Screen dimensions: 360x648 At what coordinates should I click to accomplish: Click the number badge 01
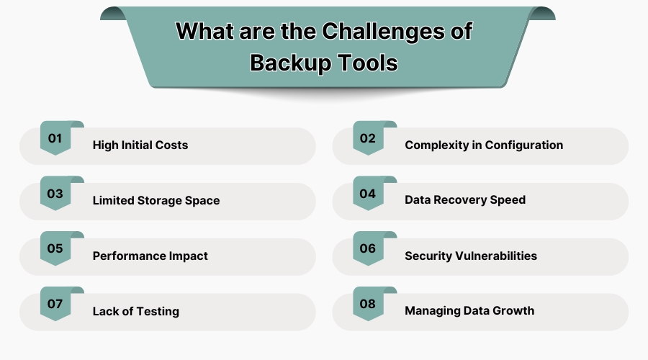click(x=55, y=138)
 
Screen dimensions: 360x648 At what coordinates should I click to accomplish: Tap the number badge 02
click(x=368, y=138)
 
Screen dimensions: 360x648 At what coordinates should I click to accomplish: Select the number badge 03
click(x=55, y=193)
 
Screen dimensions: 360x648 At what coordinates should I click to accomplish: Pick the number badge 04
click(x=368, y=193)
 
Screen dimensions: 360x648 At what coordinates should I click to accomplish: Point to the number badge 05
click(x=55, y=248)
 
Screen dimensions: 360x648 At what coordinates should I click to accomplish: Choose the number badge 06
click(x=368, y=248)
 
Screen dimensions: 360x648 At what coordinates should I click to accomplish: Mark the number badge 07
click(x=55, y=304)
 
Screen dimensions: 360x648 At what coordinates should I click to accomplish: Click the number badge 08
click(x=368, y=304)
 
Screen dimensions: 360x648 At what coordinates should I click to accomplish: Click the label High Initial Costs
click(x=140, y=145)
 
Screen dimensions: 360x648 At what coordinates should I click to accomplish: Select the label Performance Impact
click(x=150, y=256)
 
